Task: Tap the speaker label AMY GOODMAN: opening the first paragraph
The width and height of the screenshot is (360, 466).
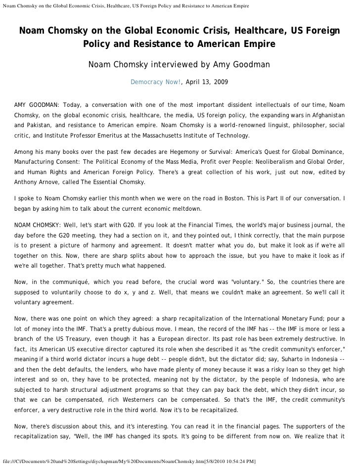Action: pyautogui.click(x=36, y=105)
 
